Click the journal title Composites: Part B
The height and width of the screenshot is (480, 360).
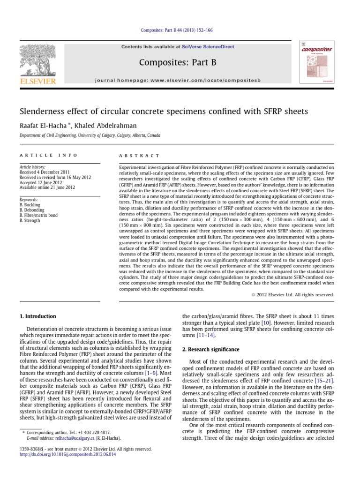(x=180, y=62)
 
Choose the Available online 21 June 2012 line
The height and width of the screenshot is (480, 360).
(x=48, y=187)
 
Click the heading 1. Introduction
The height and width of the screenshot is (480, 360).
(x=37, y=316)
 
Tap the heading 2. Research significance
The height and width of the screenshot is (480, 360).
(x=210, y=350)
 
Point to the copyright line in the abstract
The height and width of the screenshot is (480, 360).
(x=290, y=295)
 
